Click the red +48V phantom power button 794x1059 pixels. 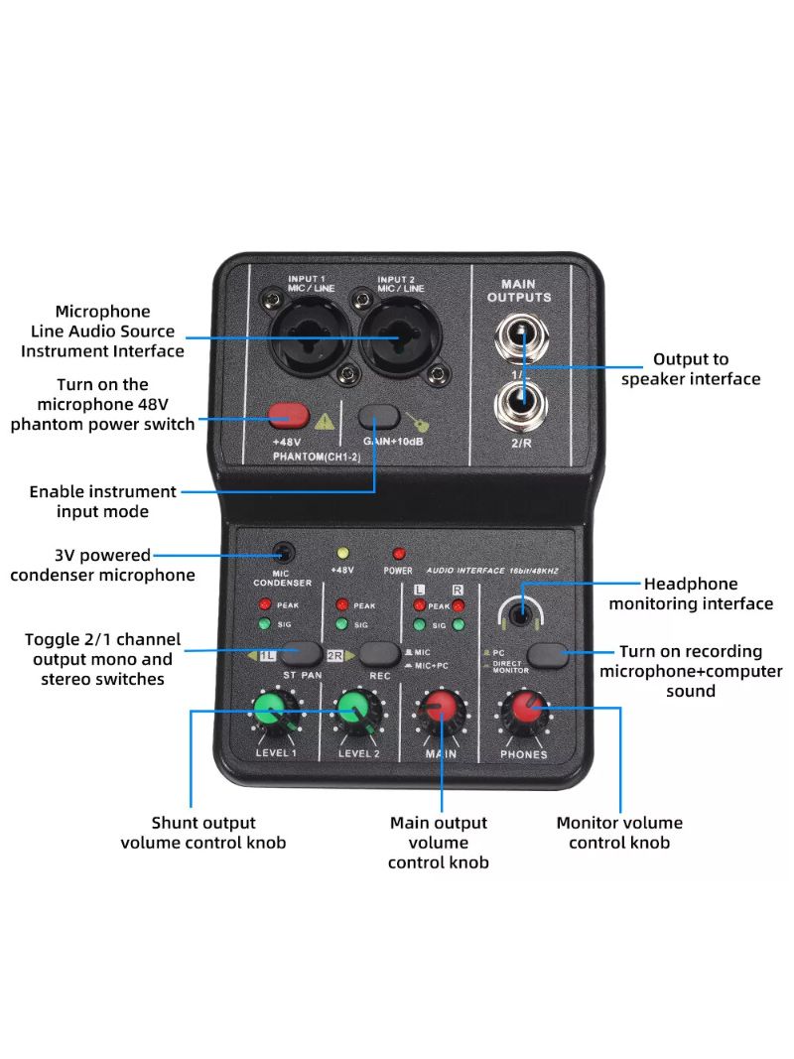287,415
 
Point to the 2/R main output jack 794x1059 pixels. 521,403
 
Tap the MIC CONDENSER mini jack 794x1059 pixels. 284,551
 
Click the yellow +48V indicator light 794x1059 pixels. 344,553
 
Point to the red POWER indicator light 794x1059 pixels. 399,553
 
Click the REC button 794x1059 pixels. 379,652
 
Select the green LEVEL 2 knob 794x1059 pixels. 354,711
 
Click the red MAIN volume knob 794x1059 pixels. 441,711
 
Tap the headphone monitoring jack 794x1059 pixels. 519,615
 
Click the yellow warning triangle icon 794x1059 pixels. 324,420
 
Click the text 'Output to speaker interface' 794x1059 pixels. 691,369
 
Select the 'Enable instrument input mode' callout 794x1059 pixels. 102,501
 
